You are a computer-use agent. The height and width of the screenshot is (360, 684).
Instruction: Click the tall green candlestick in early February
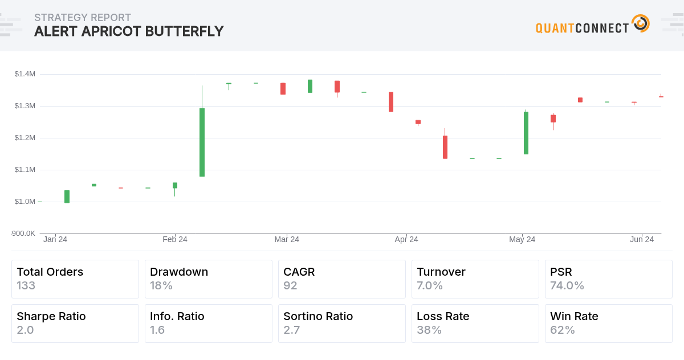pos(202,142)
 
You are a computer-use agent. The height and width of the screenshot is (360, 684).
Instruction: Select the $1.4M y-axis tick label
pos(25,74)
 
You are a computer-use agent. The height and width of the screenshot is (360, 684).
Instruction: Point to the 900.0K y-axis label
pos(23,233)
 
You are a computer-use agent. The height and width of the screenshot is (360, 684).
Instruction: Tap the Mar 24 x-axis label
pos(287,239)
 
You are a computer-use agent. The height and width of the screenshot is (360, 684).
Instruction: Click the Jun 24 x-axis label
pos(642,239)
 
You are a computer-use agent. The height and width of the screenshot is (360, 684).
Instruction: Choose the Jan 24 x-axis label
pos(55,239)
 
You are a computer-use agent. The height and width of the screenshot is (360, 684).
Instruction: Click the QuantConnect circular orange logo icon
pos(641,24)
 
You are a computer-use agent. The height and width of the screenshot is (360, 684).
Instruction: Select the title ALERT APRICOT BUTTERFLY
pos(129,31)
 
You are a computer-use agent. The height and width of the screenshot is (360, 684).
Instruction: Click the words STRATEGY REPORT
pos(83,18)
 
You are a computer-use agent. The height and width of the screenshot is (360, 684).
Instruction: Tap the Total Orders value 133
pos(26,285)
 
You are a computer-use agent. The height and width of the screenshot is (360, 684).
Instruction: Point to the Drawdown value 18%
pos(161,285)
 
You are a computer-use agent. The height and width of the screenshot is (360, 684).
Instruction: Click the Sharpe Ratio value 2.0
pos(25,330)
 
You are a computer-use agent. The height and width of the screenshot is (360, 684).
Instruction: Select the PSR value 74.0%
pos(567,285)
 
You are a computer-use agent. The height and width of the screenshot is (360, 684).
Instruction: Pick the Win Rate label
pos(574,316)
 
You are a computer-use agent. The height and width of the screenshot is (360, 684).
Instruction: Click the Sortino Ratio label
pos(318,316)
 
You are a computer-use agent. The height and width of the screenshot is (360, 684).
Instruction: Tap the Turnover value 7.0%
pos(430,285)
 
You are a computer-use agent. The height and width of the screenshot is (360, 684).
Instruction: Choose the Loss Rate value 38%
pos(429,330)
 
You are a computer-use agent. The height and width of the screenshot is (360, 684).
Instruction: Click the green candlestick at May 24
pos(526,133)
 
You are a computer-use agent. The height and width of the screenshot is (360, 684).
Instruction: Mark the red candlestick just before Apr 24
pos(391,102)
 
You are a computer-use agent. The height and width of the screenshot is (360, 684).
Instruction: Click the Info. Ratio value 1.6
pos(157,330)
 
